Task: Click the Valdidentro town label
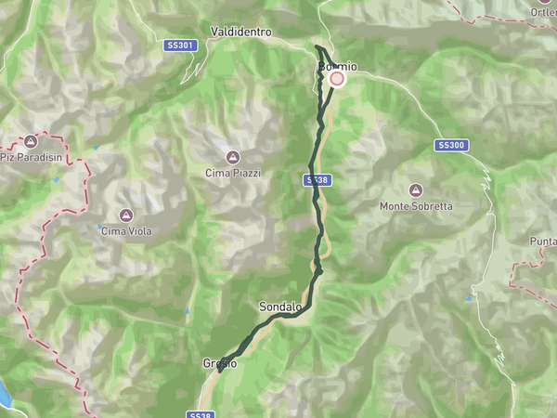point(240,32)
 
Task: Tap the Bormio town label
point(336,67)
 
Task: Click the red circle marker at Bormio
point(337,79)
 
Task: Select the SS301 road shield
point(181,46)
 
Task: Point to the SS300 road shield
point(451,145)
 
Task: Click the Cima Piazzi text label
point(233,173)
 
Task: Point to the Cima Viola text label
point(126,231)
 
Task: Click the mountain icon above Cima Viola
point(126,216)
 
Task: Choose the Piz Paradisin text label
point(31,157)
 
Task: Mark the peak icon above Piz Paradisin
point(31,141)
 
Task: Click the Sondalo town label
point(280,307)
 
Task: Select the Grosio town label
point(220,363)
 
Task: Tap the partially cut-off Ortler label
point(543,12)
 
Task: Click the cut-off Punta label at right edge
point(543,242)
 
